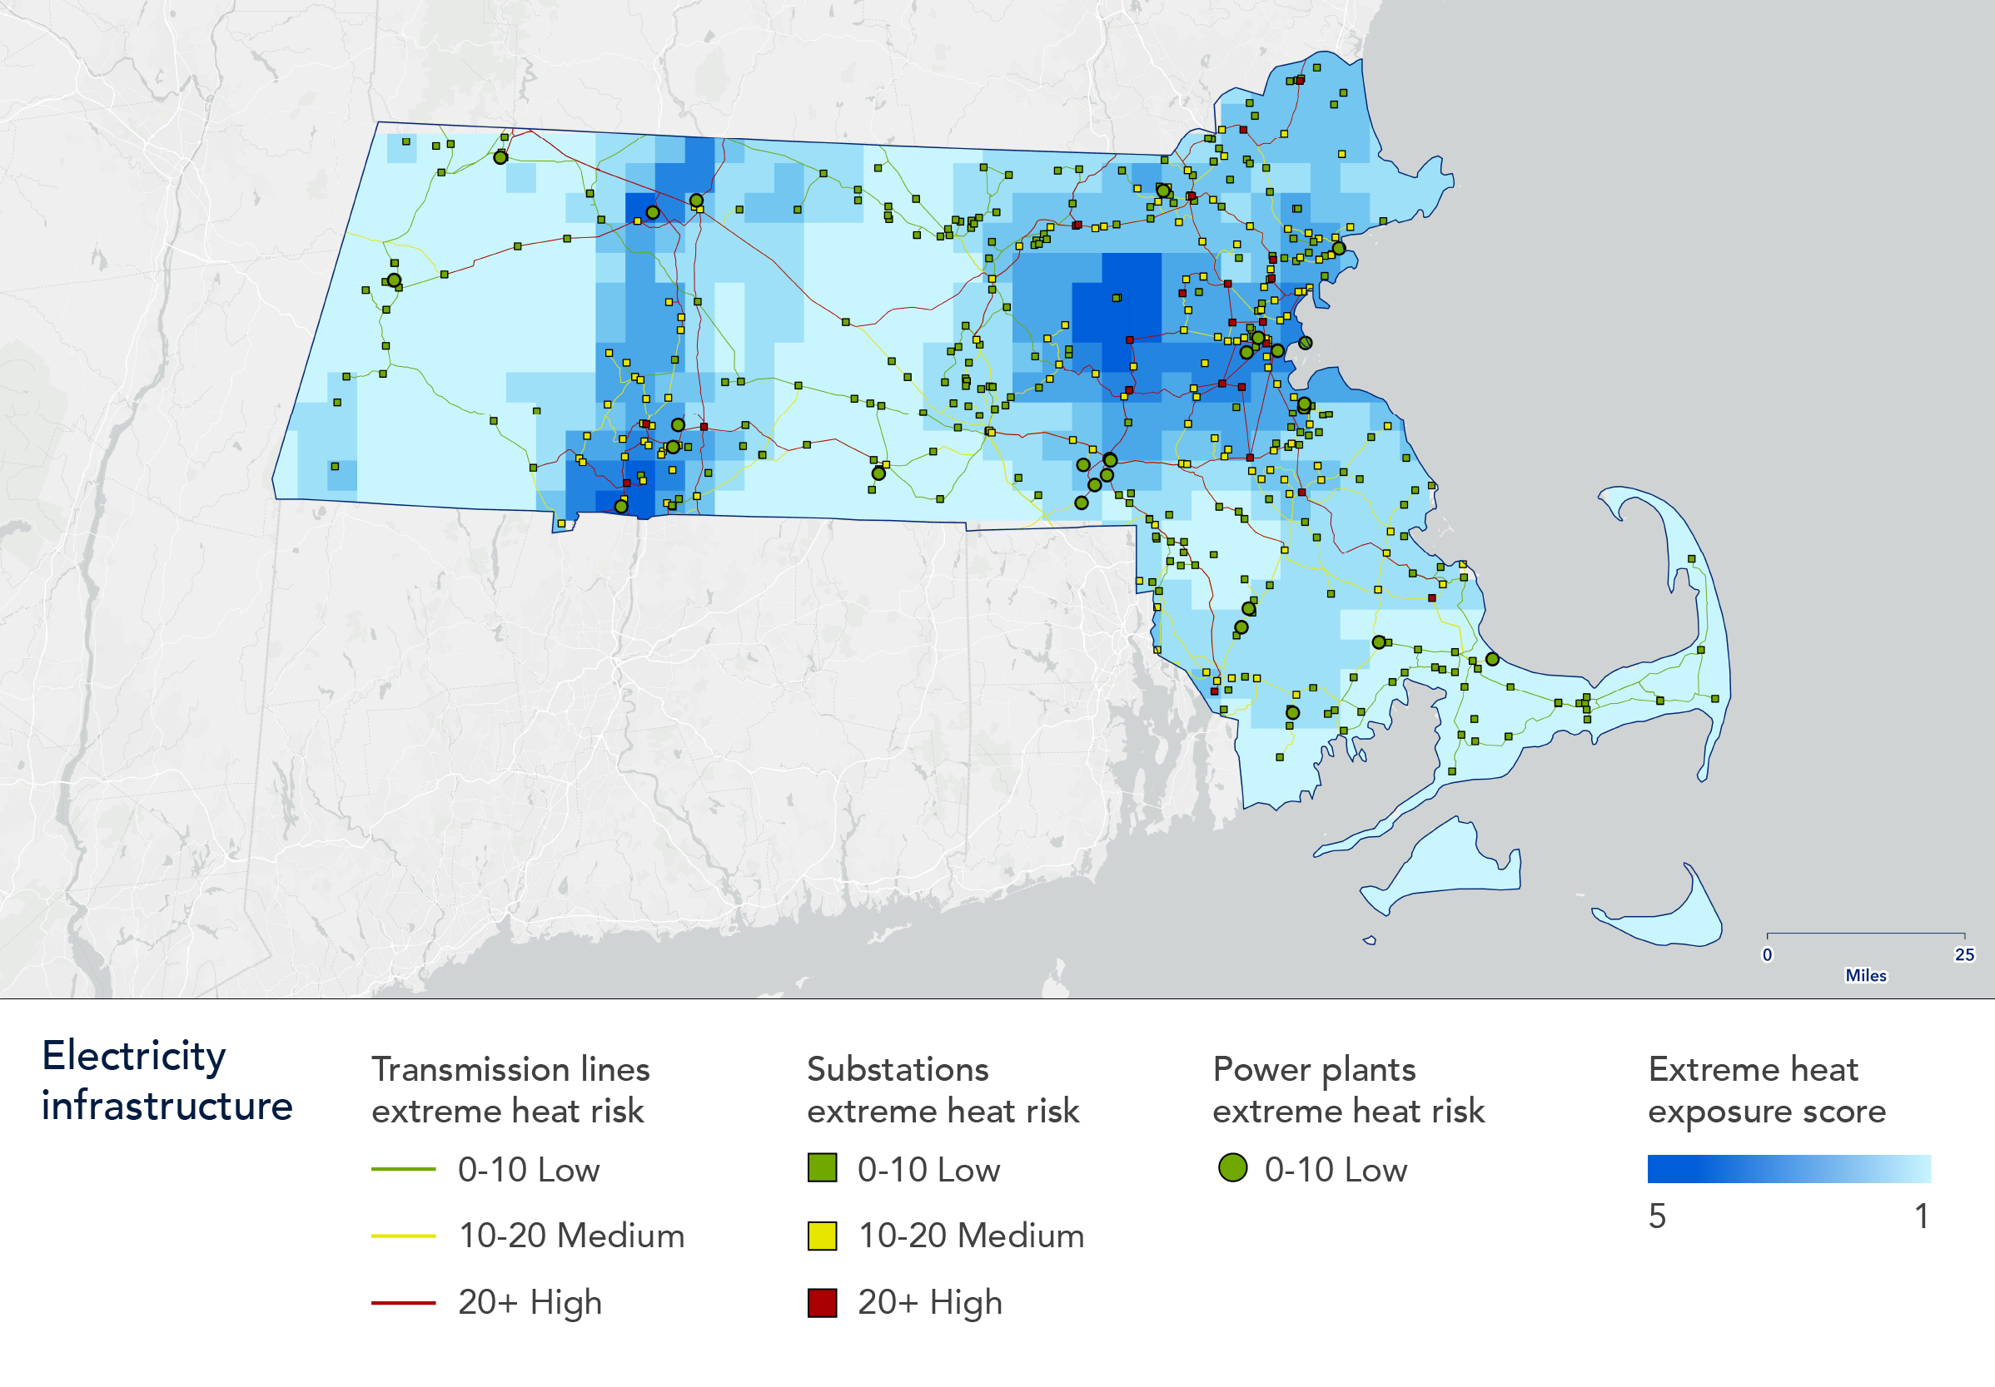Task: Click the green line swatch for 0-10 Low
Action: pos(403,1170)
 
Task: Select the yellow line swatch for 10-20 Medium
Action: pos(403,1235)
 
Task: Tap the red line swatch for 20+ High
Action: pos(403,1303)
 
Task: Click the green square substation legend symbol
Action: pos(822,1168)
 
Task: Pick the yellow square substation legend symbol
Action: pos(822,1235)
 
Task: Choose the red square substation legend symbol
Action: pos(822,1303)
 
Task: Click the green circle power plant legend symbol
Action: pos(1232,1168)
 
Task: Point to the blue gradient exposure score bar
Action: pos(1789,1169)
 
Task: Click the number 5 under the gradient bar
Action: pos(1657,1216)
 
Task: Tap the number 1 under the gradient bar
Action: pos(1922,1216)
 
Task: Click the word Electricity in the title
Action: pos(134,1057)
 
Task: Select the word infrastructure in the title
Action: pos(167,1107)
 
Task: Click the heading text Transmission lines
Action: pos(510,1069)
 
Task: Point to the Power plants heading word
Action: pos(1313,1069)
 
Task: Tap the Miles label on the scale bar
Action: pos(1866,975)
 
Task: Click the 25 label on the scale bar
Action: pos(1963,954)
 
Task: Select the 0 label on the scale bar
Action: pos(1767,954)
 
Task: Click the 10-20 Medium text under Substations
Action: pos(971,1236)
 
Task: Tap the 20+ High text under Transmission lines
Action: pos(530,1303)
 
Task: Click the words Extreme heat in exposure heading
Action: pos(1753,1069)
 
